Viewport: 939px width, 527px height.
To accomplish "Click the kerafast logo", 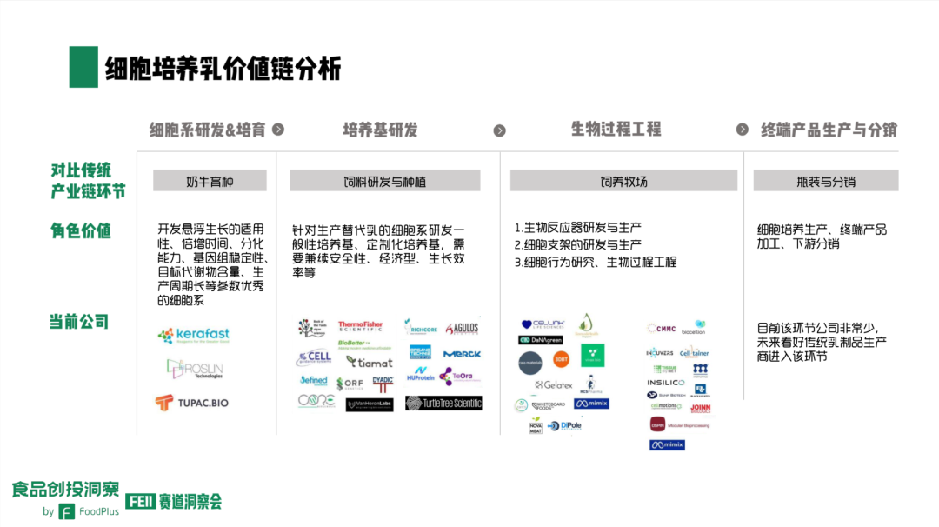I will click(x=193, y=336).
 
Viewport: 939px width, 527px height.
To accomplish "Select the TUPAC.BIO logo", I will click(x=191, y=403).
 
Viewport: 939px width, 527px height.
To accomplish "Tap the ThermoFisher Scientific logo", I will click(x=360, y=327).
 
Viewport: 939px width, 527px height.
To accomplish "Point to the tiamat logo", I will click(x=370, y=362).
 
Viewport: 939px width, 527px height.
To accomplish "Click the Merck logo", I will click(x=462, y=354).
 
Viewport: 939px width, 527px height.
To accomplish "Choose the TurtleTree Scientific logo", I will click(x=443, y=403).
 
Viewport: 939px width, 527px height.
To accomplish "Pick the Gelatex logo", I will click(x=554, y=384).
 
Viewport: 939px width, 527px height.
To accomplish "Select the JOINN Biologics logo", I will click(x=700, y=408).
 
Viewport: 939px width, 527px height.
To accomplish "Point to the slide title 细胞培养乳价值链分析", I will click(x=223, y=69).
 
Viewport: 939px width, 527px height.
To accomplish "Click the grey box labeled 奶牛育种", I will click(x=210, y=181).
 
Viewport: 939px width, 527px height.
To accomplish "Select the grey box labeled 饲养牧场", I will click(x=623, y=181).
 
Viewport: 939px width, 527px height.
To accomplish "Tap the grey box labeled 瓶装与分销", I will click(x=825, y=181).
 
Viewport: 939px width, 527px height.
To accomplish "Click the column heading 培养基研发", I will click(x=380, y=130).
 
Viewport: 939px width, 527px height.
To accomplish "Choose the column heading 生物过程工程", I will click(x=616, y=130).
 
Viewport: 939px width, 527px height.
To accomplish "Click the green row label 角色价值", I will click(x=80, y=230).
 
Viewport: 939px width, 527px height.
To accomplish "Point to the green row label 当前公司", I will click(x=79, y=322).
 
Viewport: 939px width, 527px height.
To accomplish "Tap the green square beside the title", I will click(x=83, y=67).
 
